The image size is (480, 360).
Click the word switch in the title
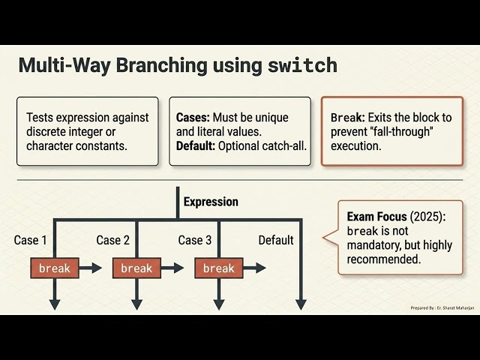(x=302, y=65)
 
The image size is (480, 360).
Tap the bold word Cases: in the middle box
(x=193, y=118)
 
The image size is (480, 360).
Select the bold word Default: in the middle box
(x=196, y=146)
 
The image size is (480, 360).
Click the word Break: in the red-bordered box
(x=348, y=118)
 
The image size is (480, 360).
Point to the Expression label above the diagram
(x=211, y=202)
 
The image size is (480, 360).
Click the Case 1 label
(x=30, y=240)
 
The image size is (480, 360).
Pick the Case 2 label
(x=112, y=240)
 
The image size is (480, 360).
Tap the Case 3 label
(x=195, y=240)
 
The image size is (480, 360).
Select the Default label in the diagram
(x=276, y=240)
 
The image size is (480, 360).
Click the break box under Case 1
(x=55, y=268)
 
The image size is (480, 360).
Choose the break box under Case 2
(x=136, y=268)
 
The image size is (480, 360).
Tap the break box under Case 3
(x=219, y=268)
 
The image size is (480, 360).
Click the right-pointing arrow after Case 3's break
(x=255, y=268)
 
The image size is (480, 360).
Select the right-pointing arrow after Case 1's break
(x=91, y=268)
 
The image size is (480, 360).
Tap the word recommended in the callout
(x=384, y=259)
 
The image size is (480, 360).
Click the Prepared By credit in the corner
(x=442, y=308)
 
